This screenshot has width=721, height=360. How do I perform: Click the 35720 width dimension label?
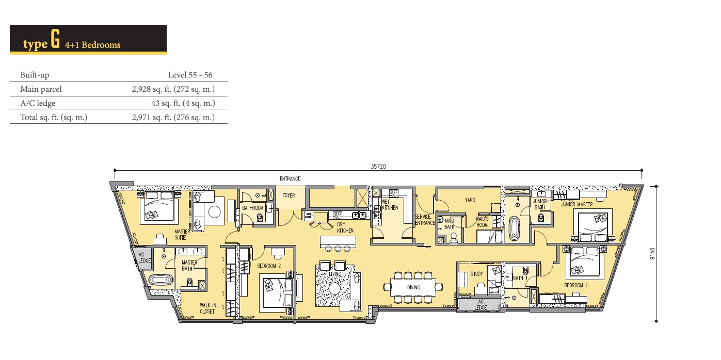tap(378, 166)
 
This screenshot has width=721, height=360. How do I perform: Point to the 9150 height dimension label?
tap(652, 254)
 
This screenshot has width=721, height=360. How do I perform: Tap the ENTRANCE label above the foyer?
tap(290, 178)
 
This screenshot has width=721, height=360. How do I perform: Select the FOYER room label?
tap(289, 195)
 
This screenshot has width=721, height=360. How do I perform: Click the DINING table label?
tap(413, 287)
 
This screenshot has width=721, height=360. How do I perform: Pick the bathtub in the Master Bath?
tap(161, 280)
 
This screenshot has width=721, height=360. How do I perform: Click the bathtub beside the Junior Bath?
tap(515, 229)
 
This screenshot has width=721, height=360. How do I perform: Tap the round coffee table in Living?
tap(334, 288)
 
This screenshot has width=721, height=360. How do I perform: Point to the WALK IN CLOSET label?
tap(207, 308)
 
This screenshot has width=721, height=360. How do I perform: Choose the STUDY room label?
tap(476, 274)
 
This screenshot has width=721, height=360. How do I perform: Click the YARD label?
tap(470, 200)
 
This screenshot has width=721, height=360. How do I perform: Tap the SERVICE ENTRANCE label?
tap(425, 220)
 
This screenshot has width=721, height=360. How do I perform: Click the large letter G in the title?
tap(55, 39)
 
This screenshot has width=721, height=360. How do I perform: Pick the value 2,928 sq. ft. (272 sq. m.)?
tap(173, 89)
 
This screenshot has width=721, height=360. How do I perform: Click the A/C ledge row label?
tap(38, 103)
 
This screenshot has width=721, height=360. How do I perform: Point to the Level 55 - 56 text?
tap(190, 75)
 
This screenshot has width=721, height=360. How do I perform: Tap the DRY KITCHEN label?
tap(345, 227)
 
